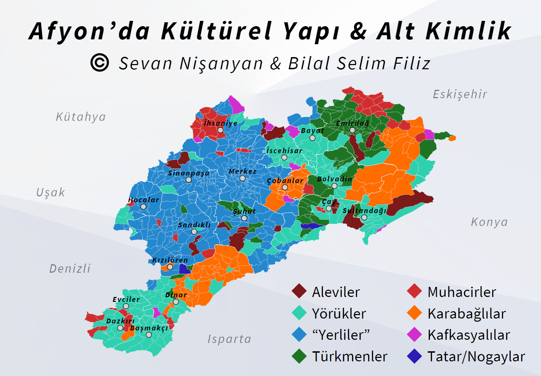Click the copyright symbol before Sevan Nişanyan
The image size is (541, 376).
(100, 63)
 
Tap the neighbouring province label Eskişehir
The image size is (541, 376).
(460, 94)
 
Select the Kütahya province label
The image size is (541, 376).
(81, 117)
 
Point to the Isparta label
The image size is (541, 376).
(229, 339)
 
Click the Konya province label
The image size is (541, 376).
(489, 222)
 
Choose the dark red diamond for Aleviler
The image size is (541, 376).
(299, 291)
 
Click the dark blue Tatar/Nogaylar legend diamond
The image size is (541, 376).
(415, 356)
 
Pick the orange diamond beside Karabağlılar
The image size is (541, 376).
(415, 313)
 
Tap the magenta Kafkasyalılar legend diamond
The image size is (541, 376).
(415, 335)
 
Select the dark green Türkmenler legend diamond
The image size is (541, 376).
(299, 356)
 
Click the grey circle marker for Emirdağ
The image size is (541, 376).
(353, 130)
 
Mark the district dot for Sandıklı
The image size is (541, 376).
(194, 232)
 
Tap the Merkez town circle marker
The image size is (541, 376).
(242, 178)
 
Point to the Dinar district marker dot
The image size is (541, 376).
(176, 302)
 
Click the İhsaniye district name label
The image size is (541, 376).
(221, 123)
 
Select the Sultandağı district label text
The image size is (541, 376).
(364, 211)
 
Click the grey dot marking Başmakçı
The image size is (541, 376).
(149, 335)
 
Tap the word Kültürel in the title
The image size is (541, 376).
(216, 31)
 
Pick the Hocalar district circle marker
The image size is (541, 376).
(143, 206)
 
